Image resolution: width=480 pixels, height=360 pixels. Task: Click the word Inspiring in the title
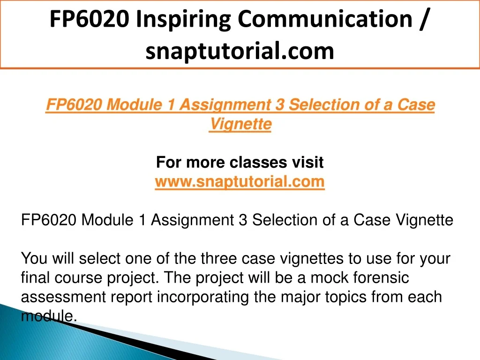click(x=183, y=20)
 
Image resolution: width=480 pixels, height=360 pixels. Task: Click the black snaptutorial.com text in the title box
click(x=240, y=51)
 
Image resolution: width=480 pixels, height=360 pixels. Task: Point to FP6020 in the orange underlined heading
click(x=74, y=105)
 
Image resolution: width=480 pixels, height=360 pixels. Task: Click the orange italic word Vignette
click(x=240, y=124)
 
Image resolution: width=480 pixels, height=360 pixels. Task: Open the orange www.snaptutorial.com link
click(x=240, y=182)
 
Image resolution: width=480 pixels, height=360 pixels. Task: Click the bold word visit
click(x=307, y=162)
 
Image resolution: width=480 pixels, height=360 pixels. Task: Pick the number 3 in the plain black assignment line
click(x=242, y=220)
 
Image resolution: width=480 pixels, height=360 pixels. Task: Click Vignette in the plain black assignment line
click(x=424, y=220)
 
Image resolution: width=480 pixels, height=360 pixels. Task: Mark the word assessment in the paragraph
click(x=64, y=297)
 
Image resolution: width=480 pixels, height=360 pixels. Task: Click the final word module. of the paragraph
click(x=49, y=316)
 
